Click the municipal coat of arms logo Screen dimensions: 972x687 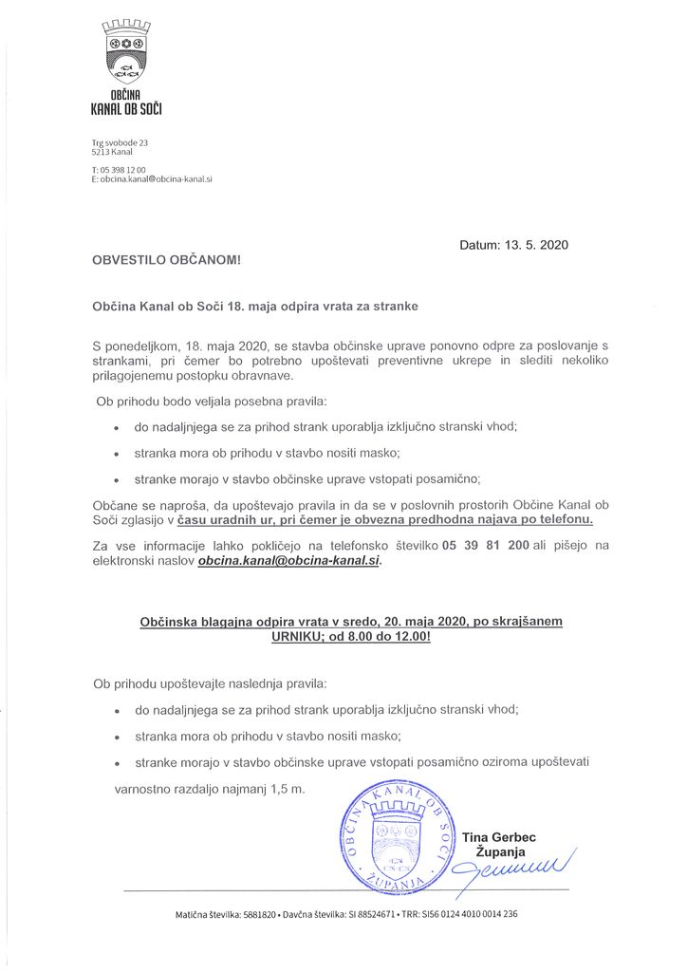click(126, 51)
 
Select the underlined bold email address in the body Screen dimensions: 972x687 click(288, 562)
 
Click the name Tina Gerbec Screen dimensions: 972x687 click(499, 837)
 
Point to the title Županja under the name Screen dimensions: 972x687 click(498, 851)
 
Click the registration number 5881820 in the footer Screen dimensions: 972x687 click(256, 914)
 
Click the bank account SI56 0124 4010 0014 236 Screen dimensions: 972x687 click(478, 914)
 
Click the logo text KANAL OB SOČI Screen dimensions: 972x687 click(127, 111)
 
